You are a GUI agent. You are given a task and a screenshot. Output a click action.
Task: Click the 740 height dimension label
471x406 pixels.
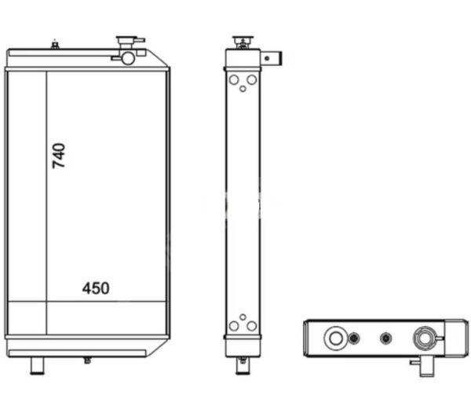point(59,156)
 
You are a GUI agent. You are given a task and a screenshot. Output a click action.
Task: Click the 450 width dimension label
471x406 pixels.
point(96,288)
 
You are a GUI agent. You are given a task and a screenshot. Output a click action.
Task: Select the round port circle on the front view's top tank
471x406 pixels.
point(128,58)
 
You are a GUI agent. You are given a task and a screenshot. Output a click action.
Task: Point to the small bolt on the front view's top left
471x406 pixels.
point(55,46)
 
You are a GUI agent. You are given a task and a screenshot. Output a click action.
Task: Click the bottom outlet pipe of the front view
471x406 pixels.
point(37,366)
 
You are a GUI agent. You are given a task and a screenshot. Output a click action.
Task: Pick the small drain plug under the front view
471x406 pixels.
point(87,360)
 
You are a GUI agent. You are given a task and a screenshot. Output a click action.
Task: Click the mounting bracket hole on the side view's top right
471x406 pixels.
point(266,59)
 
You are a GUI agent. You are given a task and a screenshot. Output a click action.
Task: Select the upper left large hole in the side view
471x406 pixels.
point(234,80)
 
